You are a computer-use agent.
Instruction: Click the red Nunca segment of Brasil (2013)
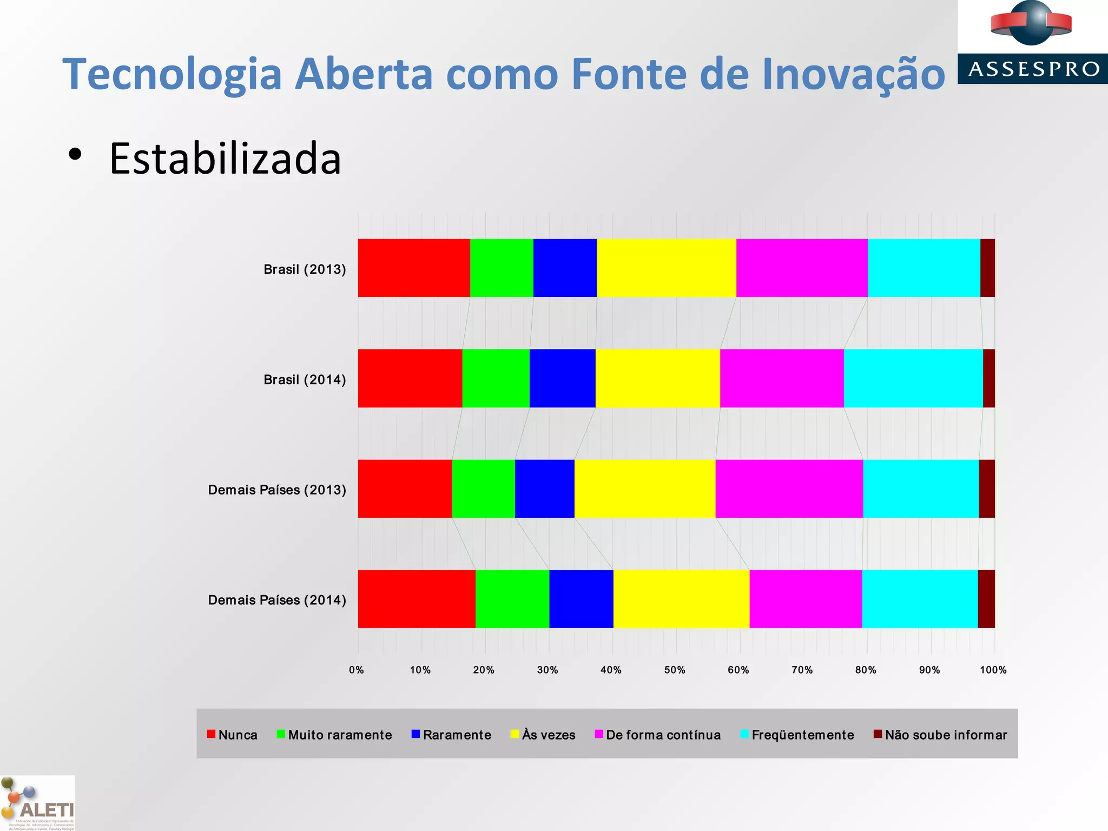click(414, 268)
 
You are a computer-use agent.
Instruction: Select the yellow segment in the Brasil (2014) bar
click(657, 378)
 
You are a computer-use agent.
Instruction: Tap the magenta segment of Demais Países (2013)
click(789, 489)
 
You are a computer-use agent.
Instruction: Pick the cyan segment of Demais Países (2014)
click(920, 599)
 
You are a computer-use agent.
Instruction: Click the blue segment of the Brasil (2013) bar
click(565, 268)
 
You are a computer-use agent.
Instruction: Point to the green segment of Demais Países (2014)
click(512, 599)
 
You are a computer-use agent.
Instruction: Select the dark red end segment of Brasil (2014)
click(989, 378)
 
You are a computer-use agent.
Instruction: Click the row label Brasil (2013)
click(305, 269)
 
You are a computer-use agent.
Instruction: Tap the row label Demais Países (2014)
click(277, 600)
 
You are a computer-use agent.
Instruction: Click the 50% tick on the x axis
click(675, 670)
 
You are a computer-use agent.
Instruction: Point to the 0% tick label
click(357, 670)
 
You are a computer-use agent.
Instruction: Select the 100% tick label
click(993, 670)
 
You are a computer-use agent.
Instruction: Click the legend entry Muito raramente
click(340, 735)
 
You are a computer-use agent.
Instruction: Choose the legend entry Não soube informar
click(946, 735)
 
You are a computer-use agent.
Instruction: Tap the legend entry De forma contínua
click(663, 735)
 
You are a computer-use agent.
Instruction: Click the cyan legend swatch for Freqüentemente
click(744, 734)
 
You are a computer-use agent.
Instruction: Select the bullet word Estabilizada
click(225, 159)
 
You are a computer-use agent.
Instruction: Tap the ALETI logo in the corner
click(38, 803)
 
